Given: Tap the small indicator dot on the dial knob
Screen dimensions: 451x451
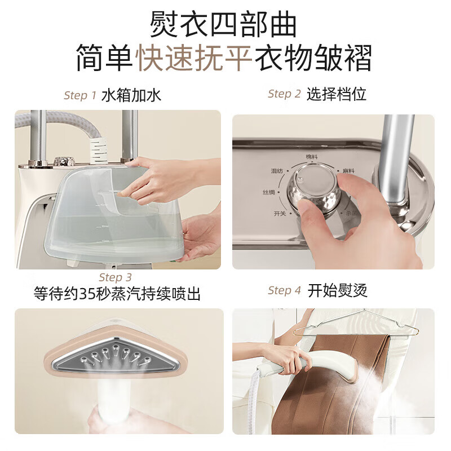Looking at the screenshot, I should click(300, 178).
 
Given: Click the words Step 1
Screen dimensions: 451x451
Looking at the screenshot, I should click(80, 95).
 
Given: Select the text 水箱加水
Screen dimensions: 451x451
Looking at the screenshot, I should click(131, 95).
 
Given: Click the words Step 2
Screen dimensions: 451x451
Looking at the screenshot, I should click(284, 94).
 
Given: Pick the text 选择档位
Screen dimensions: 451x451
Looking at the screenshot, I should click(337, 94).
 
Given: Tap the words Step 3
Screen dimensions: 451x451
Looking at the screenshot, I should click(115, 277).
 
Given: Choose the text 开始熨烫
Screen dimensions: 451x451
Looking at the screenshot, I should click(338, 291).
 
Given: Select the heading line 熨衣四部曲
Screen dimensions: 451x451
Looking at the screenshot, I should click(224, 25).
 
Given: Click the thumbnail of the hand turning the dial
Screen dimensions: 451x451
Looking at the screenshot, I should click(333, 192).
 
